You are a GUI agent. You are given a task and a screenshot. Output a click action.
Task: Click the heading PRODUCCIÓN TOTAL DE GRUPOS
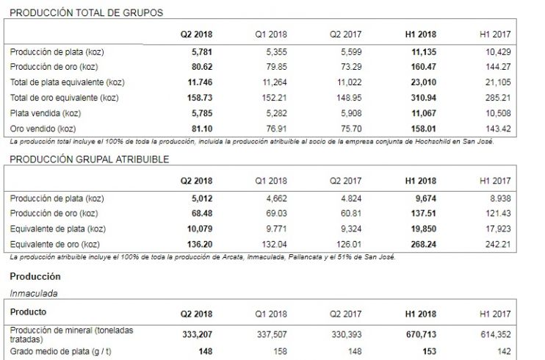tap(87, 12)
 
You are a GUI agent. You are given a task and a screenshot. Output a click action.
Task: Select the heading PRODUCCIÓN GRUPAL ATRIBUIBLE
tap(90, 159)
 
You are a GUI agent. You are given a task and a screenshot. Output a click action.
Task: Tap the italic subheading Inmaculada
tap(33, 292)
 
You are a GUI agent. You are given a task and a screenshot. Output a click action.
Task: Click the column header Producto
tap(29, 312)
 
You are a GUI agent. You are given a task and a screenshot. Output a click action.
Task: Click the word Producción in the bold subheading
tap(35, 276)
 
